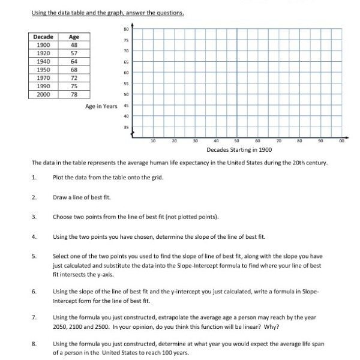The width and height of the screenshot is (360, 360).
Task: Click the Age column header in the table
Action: point(75,37)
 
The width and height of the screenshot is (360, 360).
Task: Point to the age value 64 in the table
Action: point(75,61)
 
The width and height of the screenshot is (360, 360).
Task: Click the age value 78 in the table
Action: point(75,95)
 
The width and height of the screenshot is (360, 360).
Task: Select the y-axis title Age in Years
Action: point(101,106)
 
